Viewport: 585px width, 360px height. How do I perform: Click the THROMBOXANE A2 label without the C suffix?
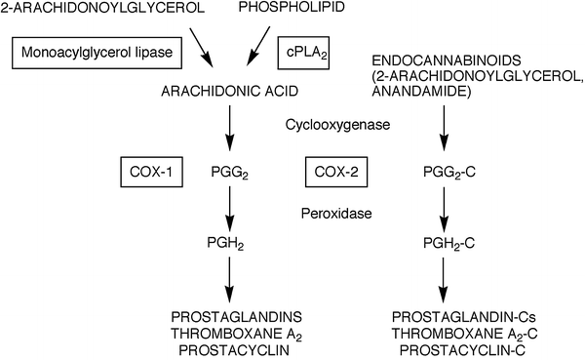(232, 333)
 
